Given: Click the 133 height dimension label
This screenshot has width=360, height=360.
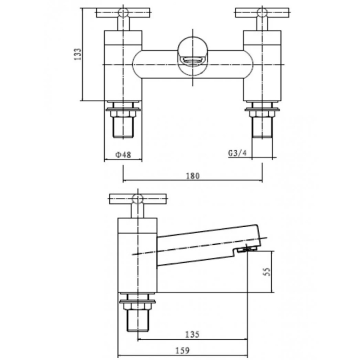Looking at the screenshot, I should tap(77, 55).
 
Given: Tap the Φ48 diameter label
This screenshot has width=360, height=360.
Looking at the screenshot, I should tap(123, 154).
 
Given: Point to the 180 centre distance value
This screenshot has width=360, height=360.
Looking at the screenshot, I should tap(192, 176).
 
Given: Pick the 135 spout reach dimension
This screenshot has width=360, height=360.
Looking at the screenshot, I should tap(192, 334).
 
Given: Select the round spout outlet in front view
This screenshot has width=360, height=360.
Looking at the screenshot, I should tap(192, 56).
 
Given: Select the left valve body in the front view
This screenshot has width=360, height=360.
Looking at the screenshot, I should tap(123, 65).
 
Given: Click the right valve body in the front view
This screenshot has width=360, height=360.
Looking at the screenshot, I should tap(262, 65).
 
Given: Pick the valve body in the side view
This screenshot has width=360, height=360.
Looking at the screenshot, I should tap(138, 256).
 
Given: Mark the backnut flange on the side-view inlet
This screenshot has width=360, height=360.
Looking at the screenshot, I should tap(138, 301).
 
